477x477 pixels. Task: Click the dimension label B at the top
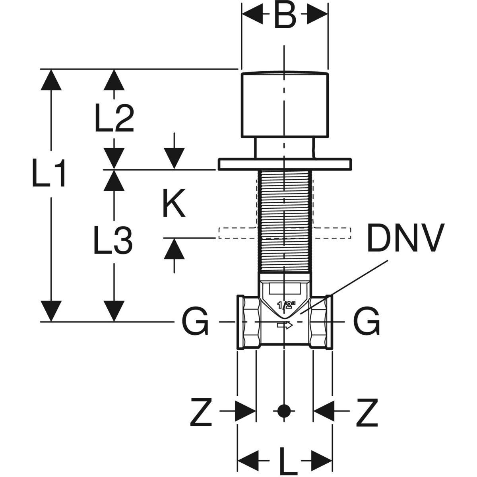[x=285, y=17]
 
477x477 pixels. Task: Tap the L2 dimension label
[x=114, y=118]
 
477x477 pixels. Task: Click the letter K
[x=174, y=204]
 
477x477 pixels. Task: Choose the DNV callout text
[x=404, y=238]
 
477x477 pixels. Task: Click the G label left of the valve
[x=195, y=322]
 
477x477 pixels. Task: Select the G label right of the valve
[x=367, y=322]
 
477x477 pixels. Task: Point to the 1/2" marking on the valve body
[x=286, y=305]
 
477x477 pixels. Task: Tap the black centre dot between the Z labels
[x=283, y=411]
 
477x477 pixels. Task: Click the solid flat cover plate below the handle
[x=285, y=164]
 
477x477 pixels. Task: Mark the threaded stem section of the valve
[x=285, y=221]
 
